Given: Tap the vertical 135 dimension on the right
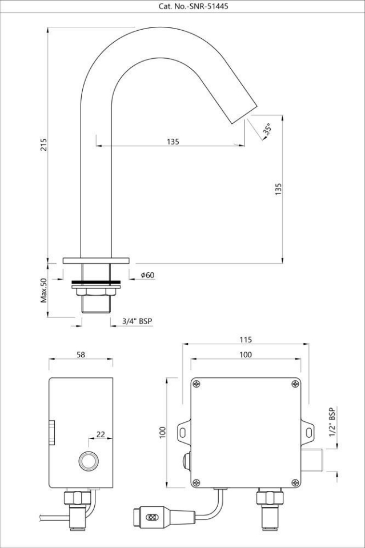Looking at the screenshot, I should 278,190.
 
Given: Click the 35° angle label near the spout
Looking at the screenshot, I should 267,130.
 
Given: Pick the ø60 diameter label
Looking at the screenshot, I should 147,275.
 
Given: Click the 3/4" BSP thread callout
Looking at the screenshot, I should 138,321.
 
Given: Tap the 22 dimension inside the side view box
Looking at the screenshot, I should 101,434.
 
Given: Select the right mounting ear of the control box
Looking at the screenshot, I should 309,432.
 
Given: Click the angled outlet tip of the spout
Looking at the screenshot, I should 243,114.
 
